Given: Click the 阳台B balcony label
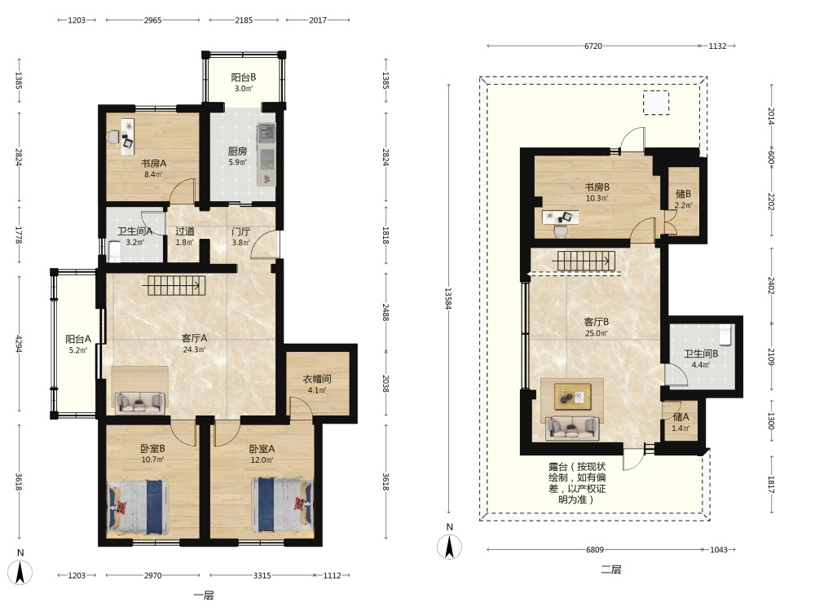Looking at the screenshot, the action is point(243,77).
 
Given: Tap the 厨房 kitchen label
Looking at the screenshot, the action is point(237,152).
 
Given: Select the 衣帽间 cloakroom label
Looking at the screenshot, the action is point(317,380).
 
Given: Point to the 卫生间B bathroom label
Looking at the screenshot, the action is point(701,354).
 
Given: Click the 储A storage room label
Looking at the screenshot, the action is point(681,416).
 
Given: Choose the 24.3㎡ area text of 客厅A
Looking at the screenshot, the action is point(194,349).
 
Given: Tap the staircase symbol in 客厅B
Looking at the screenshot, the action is point(586,261).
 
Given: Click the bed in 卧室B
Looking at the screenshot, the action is point(139,506).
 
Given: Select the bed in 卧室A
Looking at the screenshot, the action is point(282,504).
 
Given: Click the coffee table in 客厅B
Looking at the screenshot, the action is point(572,397).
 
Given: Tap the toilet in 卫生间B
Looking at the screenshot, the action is point(726,335).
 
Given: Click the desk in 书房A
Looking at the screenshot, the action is point(127,137).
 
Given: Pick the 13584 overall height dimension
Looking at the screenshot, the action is point(448,298).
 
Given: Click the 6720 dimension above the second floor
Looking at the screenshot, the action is point(593,46).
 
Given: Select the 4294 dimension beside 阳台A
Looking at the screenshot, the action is point(19,344).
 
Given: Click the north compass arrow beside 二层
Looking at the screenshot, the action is point(450,547).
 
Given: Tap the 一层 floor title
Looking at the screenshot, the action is point(204,596).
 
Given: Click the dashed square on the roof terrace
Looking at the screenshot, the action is point(656,103).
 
